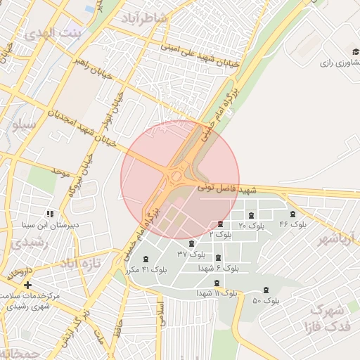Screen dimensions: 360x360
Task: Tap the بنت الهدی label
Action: [x=53, y=33]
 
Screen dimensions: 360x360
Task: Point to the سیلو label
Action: [x=24, y=125]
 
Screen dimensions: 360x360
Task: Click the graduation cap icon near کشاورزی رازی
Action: [x=354, y=51]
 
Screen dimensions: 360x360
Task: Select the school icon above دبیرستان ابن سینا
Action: [x=49, y=214]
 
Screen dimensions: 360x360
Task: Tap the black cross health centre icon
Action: [x=27, y=285]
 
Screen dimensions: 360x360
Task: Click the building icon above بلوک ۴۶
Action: [x=292, y=214]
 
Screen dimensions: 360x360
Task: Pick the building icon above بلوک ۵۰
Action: [x=266, y=290]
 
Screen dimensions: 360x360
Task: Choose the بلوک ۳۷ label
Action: [x=191, y=254]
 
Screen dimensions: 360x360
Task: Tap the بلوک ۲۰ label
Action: [x=251, y=226]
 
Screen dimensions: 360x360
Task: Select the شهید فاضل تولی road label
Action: [x=226, y=188]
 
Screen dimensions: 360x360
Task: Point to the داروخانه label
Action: [x=20, y=273]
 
